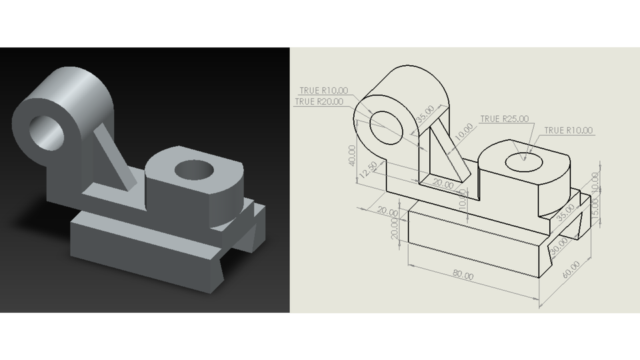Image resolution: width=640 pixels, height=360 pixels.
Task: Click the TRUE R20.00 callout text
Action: click(x=319, y=102)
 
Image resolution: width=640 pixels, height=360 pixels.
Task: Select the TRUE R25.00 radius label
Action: click(x=504, y=119)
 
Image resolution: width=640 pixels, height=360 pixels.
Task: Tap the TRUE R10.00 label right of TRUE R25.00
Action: click(x=568, y=131)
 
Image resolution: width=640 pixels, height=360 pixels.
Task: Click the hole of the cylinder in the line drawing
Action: click(x=387, y=127)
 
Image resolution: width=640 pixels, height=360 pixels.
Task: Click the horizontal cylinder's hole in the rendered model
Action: click(x=46, y=129)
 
